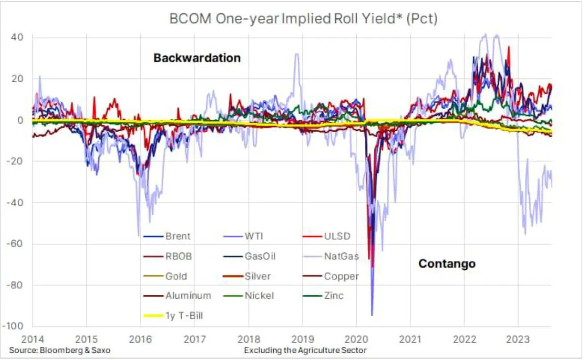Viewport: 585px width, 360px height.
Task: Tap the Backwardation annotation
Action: [197, 58]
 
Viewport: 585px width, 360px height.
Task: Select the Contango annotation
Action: [447, 264]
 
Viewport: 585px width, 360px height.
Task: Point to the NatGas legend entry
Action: [342, 257]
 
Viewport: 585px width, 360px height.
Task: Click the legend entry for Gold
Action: [176, 276]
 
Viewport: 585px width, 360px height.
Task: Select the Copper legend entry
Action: [342, 276]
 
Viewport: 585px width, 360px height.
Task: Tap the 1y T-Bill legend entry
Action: [184, 316]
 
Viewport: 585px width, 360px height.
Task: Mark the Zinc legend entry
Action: [334, 296]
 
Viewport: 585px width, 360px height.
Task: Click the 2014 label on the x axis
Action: [32, 339]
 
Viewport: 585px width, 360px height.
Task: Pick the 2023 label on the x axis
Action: [518, 339]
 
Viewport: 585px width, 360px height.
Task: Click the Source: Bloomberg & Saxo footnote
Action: [59, 351]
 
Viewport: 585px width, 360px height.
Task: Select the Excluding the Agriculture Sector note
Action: [305, 351]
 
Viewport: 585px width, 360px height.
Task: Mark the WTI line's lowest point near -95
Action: [372, 315]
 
